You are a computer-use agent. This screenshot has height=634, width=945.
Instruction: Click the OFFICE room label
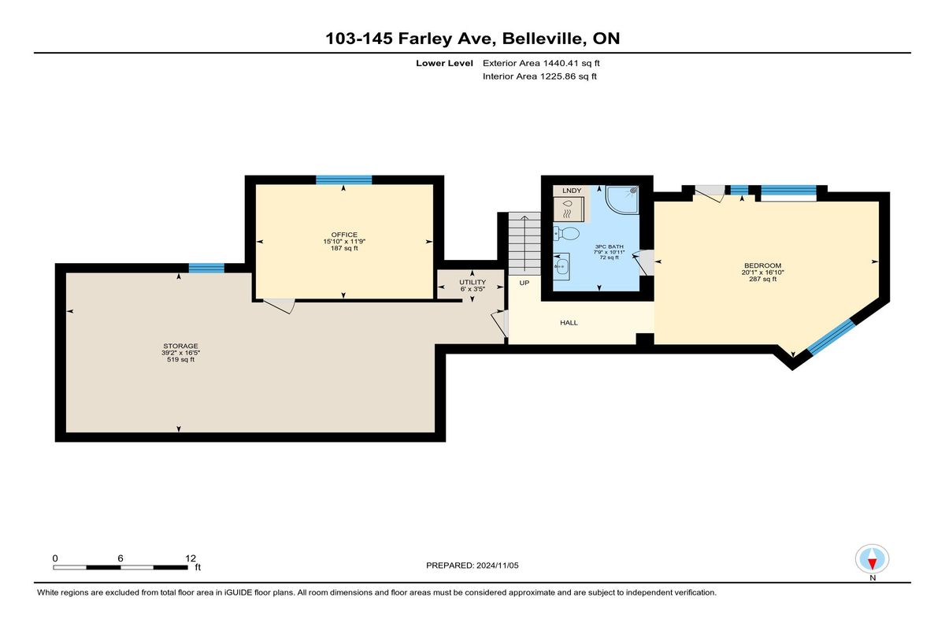pos(344,235)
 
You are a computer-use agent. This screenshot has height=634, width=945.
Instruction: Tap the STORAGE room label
pos(180,346)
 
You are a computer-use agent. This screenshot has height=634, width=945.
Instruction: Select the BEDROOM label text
pos(763,265)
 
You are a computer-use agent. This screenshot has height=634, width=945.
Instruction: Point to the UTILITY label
pos(472,282)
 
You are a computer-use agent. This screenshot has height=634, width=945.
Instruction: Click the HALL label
pos(569,323)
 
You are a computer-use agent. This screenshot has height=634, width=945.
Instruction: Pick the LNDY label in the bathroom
pos(572,191)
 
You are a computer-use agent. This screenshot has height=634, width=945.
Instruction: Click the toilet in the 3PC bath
pos(566,233)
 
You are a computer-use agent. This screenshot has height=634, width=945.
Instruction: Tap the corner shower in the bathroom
pos(622,200)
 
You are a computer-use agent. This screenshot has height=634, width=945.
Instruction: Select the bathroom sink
pos(561,266)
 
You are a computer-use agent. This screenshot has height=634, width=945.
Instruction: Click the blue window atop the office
pos(344,180)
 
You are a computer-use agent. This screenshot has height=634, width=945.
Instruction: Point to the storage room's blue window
pos(206,269)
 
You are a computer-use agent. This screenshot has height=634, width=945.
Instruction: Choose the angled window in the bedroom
pos(831,336)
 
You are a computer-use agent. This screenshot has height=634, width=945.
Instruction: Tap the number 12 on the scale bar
pos(191,558)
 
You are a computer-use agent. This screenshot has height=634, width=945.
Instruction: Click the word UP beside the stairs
pos(524,283)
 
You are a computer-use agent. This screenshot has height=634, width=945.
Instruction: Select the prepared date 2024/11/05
pos(498,565)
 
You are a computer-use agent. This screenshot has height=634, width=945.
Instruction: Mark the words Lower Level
pos(444,63)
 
